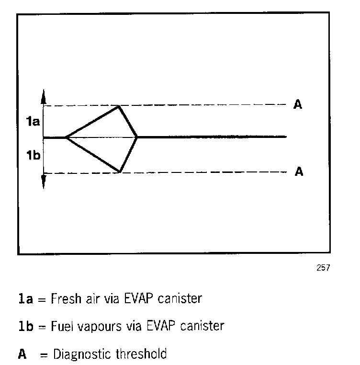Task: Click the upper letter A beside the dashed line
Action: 297,105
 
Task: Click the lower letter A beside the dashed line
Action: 298,172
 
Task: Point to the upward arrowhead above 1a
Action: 44,95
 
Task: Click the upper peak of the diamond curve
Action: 119,106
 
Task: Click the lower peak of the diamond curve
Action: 119,171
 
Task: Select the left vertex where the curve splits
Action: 66,137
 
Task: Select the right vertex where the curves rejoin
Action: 137,137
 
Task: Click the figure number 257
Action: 323,268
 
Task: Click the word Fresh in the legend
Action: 62,299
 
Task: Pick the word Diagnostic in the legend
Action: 83,354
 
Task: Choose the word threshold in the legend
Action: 142,354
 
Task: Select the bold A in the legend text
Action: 22,354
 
